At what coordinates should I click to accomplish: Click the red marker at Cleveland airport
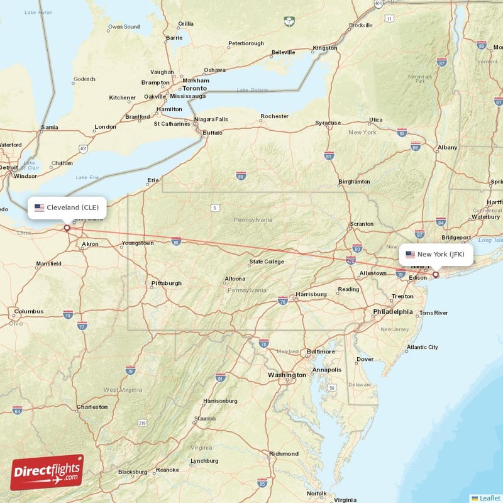[67, 228]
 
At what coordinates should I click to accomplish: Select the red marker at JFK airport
[435, 275]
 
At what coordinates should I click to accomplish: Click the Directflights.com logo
[47, 472]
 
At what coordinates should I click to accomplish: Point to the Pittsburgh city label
[166, 284]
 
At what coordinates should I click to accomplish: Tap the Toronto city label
[194, 89]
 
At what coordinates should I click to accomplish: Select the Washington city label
[286, 375]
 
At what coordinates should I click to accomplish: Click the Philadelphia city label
[392, 312]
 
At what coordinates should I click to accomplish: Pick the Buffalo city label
[212, 133]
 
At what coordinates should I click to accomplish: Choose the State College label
[267, 262]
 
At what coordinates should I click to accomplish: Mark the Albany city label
[447, 148]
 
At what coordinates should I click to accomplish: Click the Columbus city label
[29, 311]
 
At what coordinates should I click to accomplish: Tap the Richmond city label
[284, 453]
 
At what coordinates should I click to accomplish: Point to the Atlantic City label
[422, 347]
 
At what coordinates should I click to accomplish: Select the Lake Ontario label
[252, 91]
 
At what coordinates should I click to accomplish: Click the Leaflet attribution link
[489, 497]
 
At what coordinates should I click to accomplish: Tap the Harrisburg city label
[311, 294]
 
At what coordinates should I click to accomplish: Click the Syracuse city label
[328, 123]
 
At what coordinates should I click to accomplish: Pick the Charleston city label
[92, 407]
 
